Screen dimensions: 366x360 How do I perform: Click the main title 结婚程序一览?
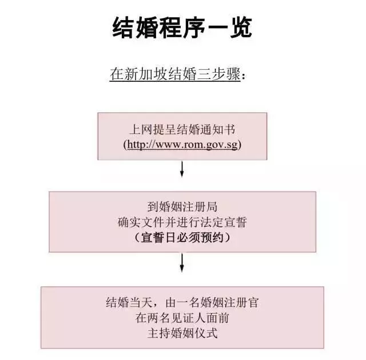[x=182, y=27]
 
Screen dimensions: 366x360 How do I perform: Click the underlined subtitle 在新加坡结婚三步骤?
[x=175, y=74]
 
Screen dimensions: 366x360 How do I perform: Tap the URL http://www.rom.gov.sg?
[x=182, y=145]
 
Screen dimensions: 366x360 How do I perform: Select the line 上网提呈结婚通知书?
[x=182, y=130]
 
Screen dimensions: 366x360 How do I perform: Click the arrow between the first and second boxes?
[x=182, y=169]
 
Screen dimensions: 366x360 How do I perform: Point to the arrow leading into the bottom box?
[x=182, y=263]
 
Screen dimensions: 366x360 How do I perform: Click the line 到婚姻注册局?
[x=182, y=207]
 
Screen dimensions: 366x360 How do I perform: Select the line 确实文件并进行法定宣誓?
[x=182, y=222]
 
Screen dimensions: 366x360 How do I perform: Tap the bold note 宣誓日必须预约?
[x=182, y=238]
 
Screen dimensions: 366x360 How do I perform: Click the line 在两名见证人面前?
[x=182, y=318]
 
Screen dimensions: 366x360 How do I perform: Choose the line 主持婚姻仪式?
[x=182, y=333]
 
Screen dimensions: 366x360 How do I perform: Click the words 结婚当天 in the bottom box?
[x=129, y=302]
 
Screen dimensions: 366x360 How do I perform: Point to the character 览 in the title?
[x=241, y=27]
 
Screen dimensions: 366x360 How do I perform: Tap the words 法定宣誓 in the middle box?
[x=224, y=222]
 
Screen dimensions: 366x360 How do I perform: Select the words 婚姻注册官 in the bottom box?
[x=229, y=302]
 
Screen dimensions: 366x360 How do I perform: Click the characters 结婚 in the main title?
[x=135, y=27]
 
